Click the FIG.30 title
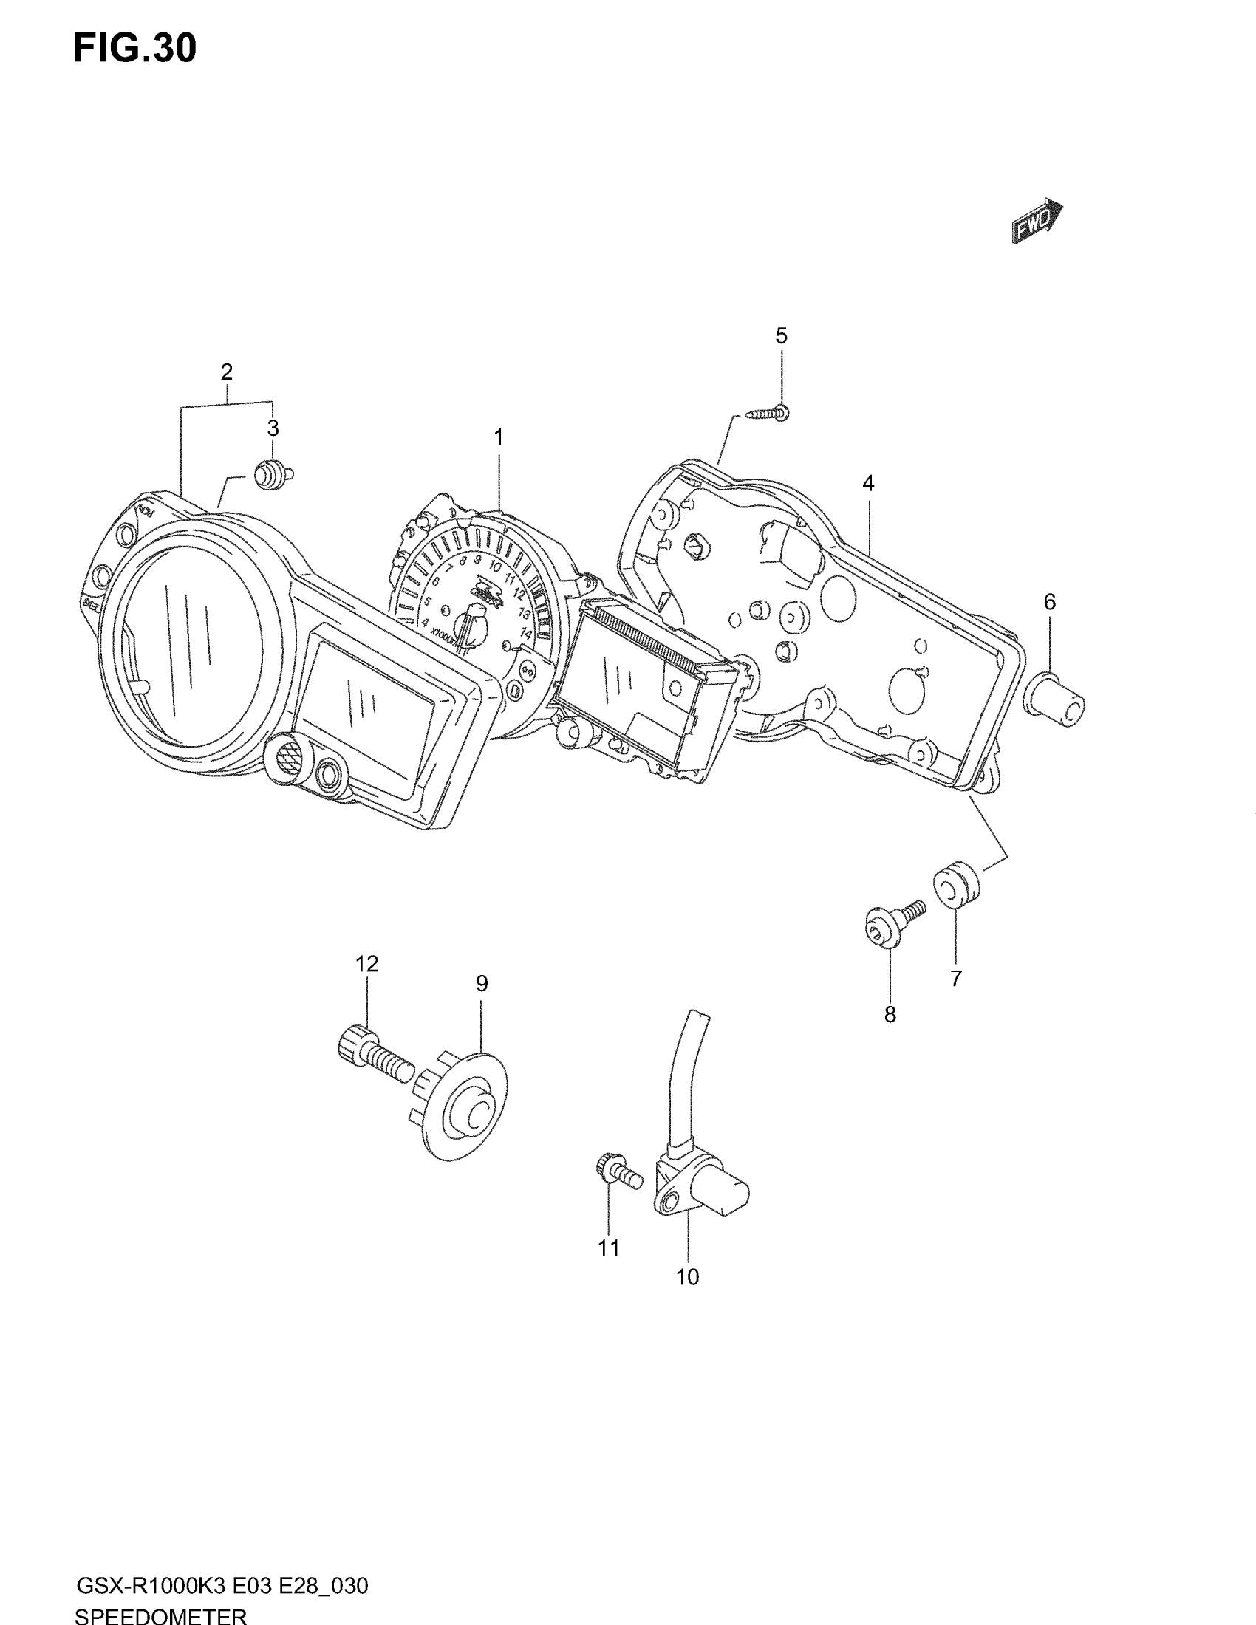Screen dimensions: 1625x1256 [x=135, y=48]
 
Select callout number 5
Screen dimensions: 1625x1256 [x=780, y=335]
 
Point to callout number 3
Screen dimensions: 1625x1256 [x=273, y=428]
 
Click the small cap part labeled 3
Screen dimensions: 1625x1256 [x=271, y=475]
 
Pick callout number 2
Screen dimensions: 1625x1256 [x=226, y=372]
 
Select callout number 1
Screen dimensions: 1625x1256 [x=499, y=437]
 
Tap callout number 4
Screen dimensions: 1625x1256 [x=867, y=484]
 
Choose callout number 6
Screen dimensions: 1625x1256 [x=1049, y=602]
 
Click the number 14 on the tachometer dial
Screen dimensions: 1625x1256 [x=525, y=634]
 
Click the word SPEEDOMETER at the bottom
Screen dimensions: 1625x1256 [x=161, y=1615]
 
